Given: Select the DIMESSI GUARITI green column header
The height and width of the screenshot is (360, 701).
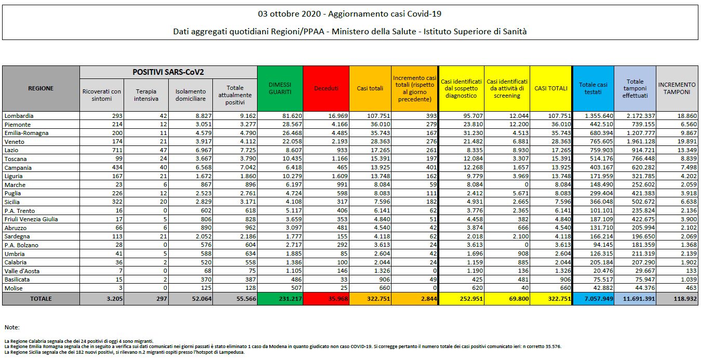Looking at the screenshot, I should click(280, 88).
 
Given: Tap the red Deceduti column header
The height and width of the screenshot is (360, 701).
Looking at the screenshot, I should click(326, 88).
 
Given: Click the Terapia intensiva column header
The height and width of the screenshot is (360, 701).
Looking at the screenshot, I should click(146, 95).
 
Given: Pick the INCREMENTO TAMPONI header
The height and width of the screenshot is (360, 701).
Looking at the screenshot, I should click(677, 88).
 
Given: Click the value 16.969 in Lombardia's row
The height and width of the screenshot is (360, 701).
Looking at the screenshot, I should click(334, 116).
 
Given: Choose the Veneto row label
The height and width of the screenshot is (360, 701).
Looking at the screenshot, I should click(14, 142).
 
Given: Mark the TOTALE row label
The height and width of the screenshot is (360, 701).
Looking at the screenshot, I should click(41, 299).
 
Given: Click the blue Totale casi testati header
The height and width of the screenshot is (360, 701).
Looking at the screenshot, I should click(593, 88).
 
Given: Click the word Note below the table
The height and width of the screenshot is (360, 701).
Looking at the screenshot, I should click(11, 327).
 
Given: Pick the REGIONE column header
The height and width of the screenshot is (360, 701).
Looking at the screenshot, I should click(41, 88).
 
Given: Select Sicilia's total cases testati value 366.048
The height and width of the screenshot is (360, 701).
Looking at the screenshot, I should click(595, 202).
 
